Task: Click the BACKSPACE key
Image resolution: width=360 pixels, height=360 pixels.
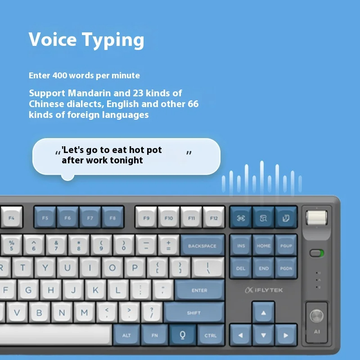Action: (202, 246)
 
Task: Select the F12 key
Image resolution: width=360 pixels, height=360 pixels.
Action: (213, 217)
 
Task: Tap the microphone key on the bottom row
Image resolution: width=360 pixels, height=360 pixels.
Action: (182, 335)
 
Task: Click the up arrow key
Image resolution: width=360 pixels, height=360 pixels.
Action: (264, 313)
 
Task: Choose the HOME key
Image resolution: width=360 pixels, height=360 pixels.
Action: (264, 246)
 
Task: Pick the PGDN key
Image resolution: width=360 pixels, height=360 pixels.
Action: (286, 268)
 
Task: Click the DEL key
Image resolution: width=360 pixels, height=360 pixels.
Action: (241, 268)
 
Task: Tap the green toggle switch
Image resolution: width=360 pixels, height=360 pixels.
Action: (317, 253)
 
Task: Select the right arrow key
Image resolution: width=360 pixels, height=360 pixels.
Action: (286, 335)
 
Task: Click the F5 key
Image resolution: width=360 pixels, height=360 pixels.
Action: (45, 217)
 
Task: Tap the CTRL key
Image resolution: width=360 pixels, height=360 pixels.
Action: (210, 335)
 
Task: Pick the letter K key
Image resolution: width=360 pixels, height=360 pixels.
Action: (95, 290)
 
